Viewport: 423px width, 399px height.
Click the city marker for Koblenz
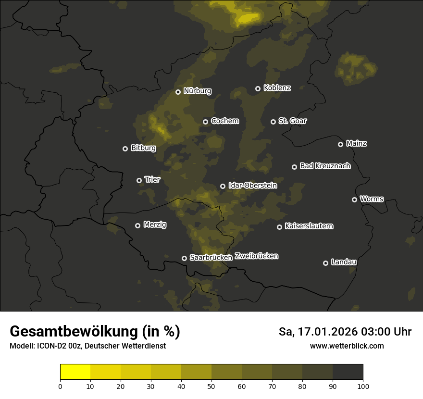point(258,88)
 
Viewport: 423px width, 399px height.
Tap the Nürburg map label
point(197,91)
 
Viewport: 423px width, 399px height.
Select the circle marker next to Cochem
point(205,122)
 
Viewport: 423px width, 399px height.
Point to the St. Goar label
point(292,121)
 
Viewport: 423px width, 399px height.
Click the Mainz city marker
point(340,144)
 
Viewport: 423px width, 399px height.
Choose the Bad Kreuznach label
point(325,166)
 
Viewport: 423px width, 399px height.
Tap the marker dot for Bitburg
point(125,149)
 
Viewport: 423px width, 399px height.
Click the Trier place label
point(152,179)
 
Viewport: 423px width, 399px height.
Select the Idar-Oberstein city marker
point(223,186)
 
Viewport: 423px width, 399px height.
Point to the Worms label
point(372,199)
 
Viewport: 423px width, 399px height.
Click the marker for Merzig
point(137,225)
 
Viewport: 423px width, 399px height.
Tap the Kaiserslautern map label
point(309,226)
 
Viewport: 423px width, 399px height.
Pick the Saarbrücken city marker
point(184,258)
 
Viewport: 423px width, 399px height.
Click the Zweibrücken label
point(256,256)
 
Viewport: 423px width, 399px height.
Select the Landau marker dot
point(325,263)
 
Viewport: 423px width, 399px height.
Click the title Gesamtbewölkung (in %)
point(95,332)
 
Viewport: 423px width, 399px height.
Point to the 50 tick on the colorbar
point(211,386)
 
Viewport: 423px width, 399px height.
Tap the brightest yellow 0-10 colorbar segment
point(75,372)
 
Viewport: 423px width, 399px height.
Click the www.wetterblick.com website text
point(347,346)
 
